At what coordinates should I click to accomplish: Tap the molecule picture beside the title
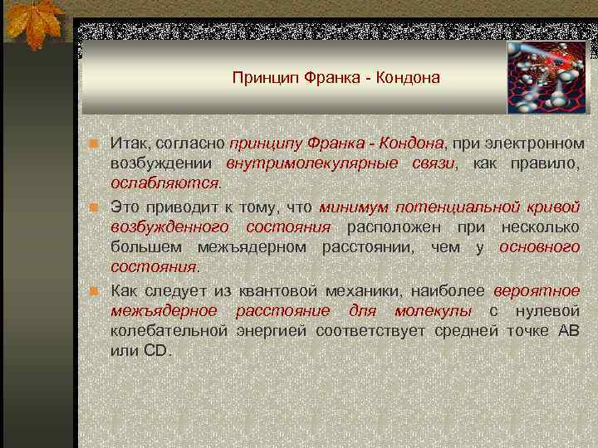[x=547, y=77]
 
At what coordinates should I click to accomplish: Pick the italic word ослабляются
[x=164, y=182]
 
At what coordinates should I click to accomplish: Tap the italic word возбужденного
[x=169, y=226]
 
